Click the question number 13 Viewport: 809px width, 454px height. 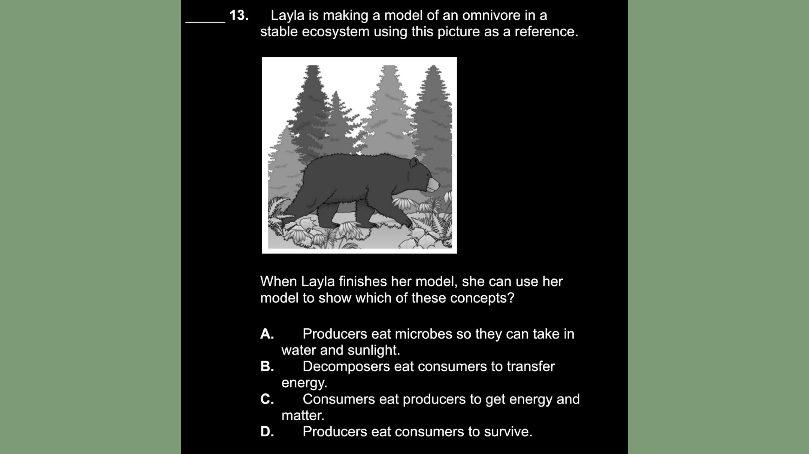click(239, 15)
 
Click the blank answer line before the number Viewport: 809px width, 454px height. click(205, 22)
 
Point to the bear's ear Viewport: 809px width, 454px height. click(414, 163)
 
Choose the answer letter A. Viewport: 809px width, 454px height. click(267, 334)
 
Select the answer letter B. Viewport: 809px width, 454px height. click(267, 366)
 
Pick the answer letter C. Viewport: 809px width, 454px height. click(267, 399)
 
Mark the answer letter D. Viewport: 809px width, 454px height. click(267, 432)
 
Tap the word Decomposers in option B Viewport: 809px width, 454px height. click(346, 366)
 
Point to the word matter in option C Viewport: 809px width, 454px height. click(303, 415)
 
